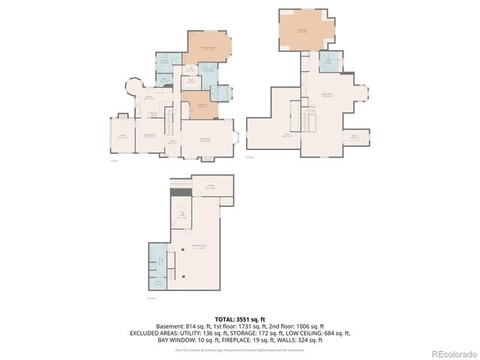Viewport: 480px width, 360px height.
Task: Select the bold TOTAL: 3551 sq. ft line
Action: pyautogui.click(x=239, y=319)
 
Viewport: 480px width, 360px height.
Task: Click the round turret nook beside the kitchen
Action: pyautogui.click(x=136, y=88)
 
